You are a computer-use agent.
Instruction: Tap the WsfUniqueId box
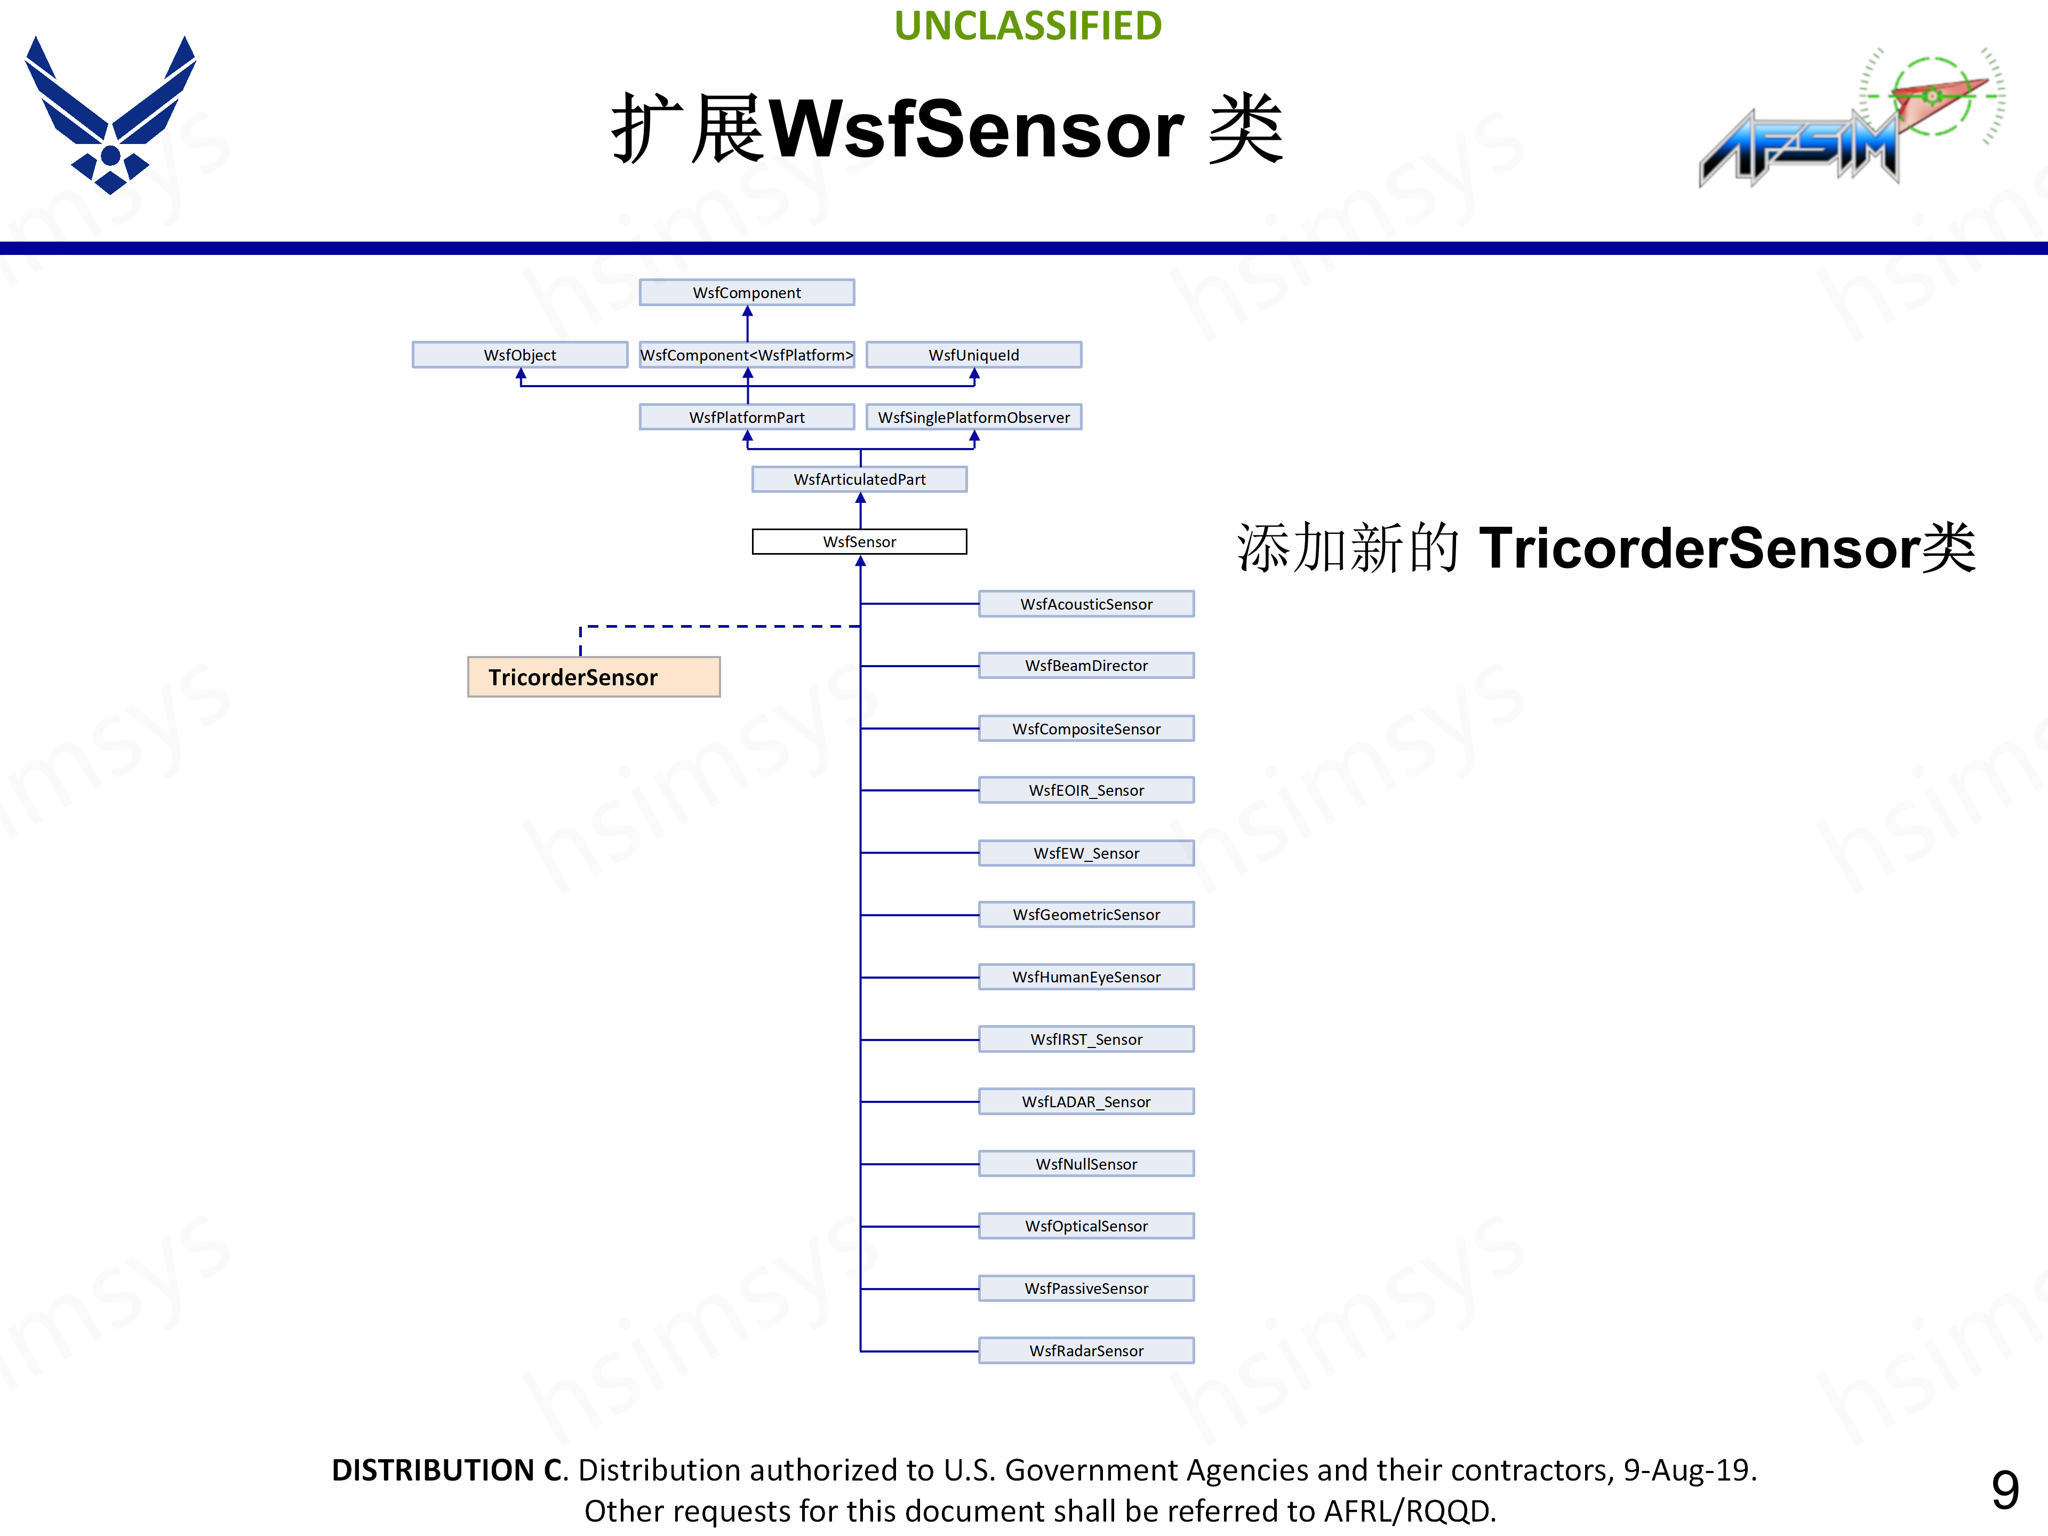pos(973,355)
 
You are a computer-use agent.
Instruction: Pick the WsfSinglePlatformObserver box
pos(973,418)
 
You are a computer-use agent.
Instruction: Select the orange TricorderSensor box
pos(594,677)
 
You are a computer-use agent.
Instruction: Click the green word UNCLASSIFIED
pos(1028,26)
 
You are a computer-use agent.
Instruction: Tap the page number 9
pos(2004,1490)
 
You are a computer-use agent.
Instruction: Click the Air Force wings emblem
pos(110,116)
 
